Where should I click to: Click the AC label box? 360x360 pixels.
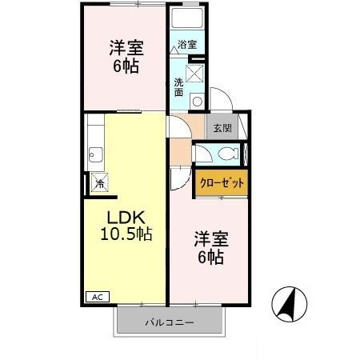(98, 297)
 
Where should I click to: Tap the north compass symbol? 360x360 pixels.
(290, 304)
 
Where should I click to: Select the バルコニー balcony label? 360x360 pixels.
(170, 323)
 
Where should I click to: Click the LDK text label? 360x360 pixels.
(126, 218)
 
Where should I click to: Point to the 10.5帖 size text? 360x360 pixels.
(126, 234)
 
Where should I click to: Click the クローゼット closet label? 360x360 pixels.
(222, 183)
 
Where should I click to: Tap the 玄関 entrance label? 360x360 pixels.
(222, 128)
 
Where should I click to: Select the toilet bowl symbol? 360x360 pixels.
(228, 154)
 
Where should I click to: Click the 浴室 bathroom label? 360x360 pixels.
(187, 44)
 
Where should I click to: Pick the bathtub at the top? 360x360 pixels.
(187, 18)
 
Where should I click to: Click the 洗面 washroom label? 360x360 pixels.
(178, 87)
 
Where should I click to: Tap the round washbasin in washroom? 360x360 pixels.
(198, 102)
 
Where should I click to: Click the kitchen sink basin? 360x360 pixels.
(95, 154)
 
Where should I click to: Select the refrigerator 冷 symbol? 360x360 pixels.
(100, 182)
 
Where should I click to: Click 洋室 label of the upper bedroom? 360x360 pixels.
(126, 48)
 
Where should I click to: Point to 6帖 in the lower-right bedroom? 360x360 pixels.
(210, 257)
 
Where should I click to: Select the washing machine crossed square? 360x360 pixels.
(194, 74)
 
